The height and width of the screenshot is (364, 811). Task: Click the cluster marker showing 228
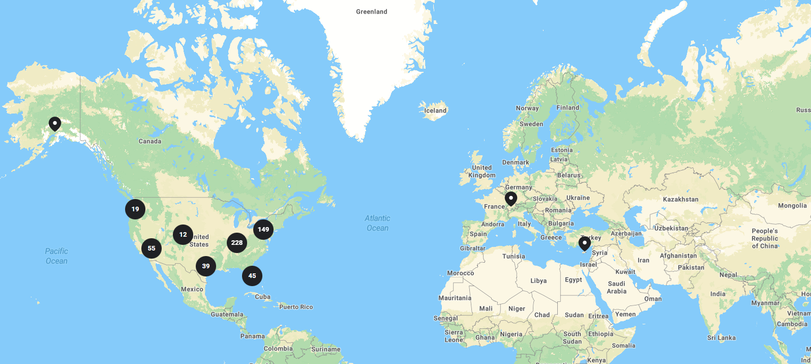[x=237, y=243]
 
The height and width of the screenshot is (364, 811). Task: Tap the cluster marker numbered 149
[x=263, y=230]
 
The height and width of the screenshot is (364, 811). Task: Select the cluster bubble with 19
[x=135, y=209]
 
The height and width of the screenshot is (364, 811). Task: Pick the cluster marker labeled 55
[x=152, y=248]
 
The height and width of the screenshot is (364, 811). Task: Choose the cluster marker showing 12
[x=183, y=235]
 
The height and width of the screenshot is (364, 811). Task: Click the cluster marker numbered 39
[x=206, y=266]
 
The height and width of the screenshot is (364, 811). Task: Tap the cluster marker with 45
[x=252, y=276]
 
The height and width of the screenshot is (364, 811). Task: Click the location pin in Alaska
[x=55, y=124]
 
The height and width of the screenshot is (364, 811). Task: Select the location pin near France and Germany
[x=511, y=199]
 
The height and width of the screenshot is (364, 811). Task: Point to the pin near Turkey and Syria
[x=585, y=243]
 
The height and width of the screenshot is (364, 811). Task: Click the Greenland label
[x=372, y=12]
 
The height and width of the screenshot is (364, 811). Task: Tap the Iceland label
[x=435, y=110]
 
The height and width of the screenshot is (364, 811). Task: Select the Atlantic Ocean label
[x=377, y=223]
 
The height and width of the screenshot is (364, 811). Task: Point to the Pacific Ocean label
[x=56, y=256]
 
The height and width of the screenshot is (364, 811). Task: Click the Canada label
[x=150, y=142]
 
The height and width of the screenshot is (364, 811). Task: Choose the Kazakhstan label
[x=680, y=200]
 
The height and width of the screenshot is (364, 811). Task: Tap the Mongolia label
[x=792, y=206]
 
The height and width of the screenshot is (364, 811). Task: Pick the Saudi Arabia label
[x=616, y=288]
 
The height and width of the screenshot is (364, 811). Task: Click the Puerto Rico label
[x=296, y=307]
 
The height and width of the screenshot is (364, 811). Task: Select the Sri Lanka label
[x=721, y=338]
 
